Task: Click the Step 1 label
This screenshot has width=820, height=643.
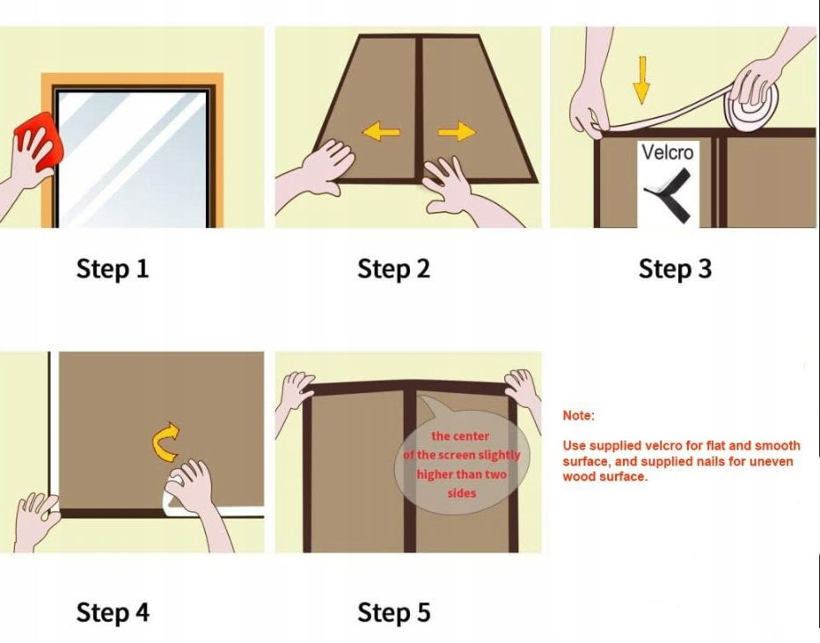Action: tap(113, 268)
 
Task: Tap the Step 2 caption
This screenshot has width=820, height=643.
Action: tap(394, 268)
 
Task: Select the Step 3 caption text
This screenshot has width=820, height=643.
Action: tap(675, 268)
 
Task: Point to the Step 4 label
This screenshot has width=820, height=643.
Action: tap(113, 612)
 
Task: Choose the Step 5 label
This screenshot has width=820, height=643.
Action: tap(394, 612)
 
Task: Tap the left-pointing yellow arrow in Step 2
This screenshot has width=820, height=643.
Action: tap(381, 131)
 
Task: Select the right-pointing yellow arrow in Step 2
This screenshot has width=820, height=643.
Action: tap(457, 131)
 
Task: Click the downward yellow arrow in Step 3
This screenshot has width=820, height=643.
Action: tap(641, 80)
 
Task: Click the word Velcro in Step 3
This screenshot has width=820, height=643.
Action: tap(667, 153)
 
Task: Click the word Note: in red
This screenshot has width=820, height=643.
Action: tap(578, 415)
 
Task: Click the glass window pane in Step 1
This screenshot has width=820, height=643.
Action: tap(132, 159)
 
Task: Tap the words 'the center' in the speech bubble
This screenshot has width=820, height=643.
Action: tap(460, 436)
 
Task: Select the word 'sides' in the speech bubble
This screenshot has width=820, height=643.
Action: tap(462, 493)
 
